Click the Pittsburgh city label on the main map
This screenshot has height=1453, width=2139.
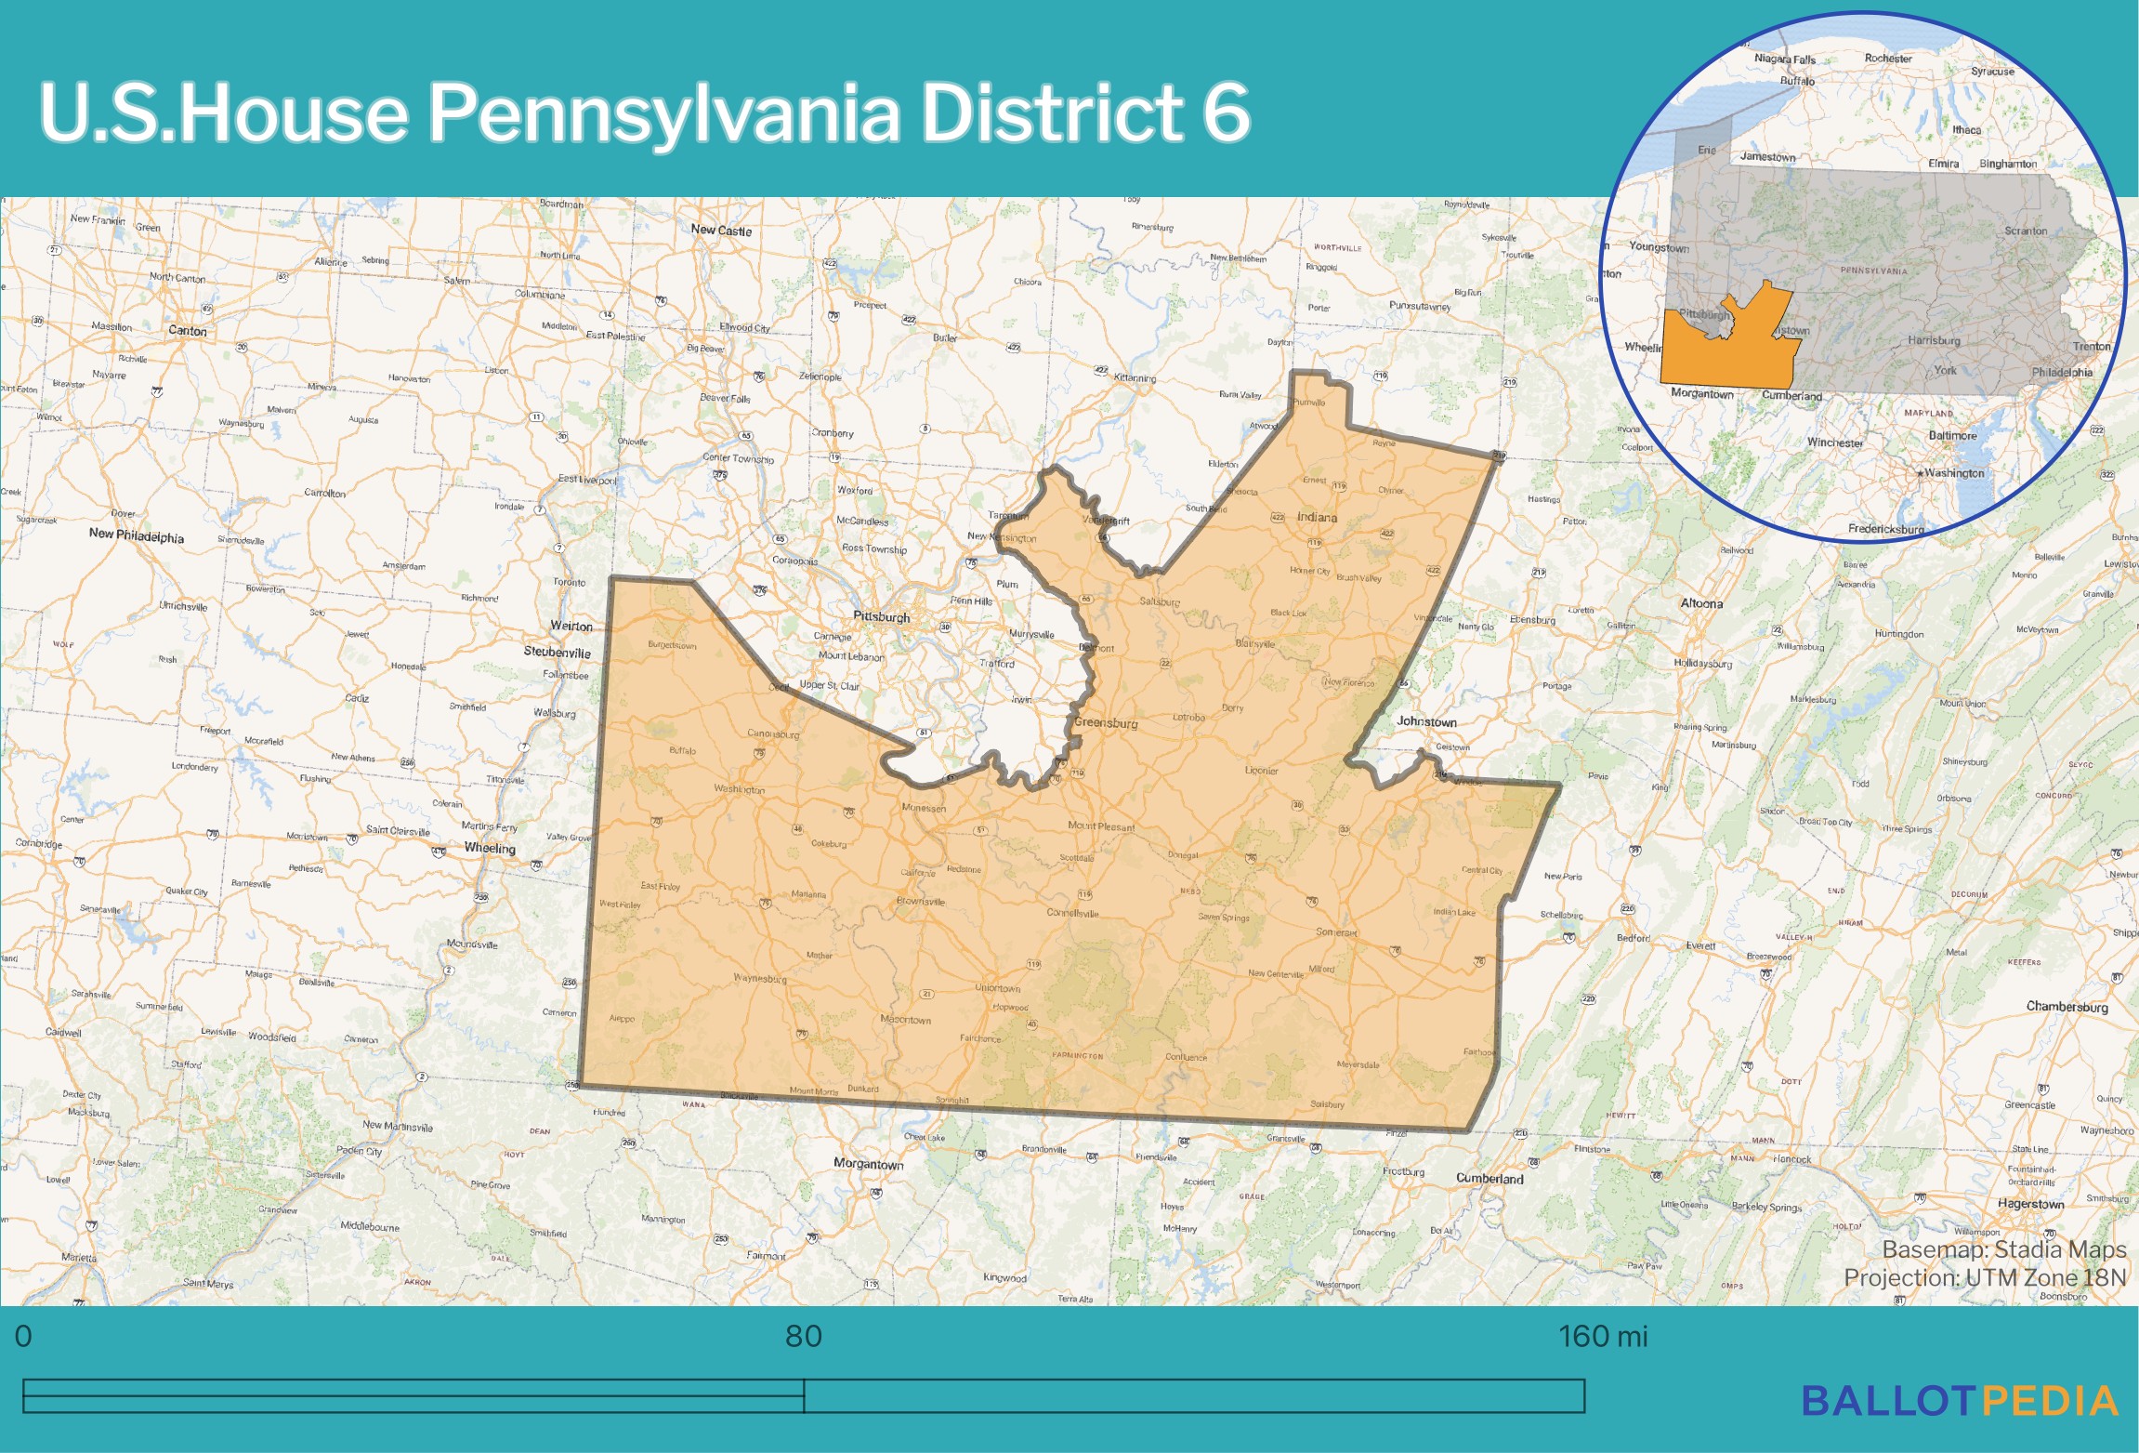tap(881, 616)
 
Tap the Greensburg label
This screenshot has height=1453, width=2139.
tap(1106, 722)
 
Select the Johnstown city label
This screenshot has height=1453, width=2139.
tap(1426, 721)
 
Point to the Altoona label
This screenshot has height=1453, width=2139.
tap(1701, 603)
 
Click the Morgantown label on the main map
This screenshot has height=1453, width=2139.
tap(868, 1164)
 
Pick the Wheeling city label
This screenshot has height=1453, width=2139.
tap(490, 848)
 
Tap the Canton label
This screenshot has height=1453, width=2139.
tap(188, 330)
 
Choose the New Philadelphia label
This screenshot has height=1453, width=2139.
tap(137, 535)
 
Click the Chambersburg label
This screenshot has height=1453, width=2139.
tap(2067, 1007)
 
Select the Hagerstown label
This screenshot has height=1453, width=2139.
tap(2030, 1204)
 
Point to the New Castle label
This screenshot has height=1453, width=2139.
tap(721, 230)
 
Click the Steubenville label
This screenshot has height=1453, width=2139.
tap(557, 652)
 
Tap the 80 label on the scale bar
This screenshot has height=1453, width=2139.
tap(804, 1336)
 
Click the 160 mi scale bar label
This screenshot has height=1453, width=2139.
tap(1602, 1336)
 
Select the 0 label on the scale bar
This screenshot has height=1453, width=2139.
tap(23, 1336)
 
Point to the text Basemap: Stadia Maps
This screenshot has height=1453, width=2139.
tap(2004, 1249)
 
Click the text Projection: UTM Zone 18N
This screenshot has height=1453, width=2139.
tap(1985, 1277)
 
